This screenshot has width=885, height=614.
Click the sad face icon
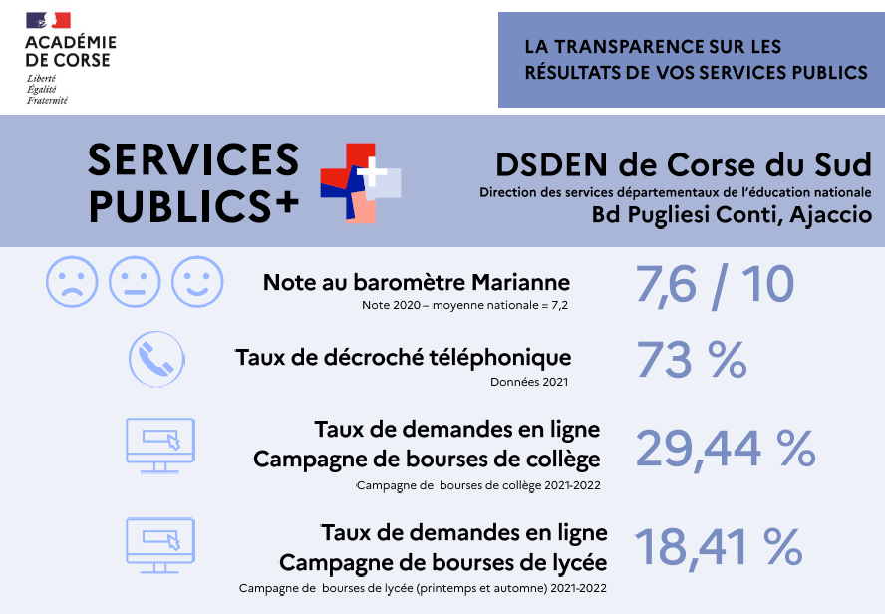click(72, 282)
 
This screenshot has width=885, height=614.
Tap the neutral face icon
click(135, 282)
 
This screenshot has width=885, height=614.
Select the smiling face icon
click(197, 282)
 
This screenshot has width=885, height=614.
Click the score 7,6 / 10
click(715, 285)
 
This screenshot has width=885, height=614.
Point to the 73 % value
click(691, 359)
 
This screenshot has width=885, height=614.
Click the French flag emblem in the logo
click(48, 20)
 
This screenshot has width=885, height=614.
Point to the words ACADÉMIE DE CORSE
click(70, 51)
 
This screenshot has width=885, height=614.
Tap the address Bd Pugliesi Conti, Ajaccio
click(732, 214)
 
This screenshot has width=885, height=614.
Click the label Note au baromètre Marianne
click(417, 282)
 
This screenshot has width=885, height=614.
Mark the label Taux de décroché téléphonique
click(404, 357)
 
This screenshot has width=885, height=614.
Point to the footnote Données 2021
click(530, 381)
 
